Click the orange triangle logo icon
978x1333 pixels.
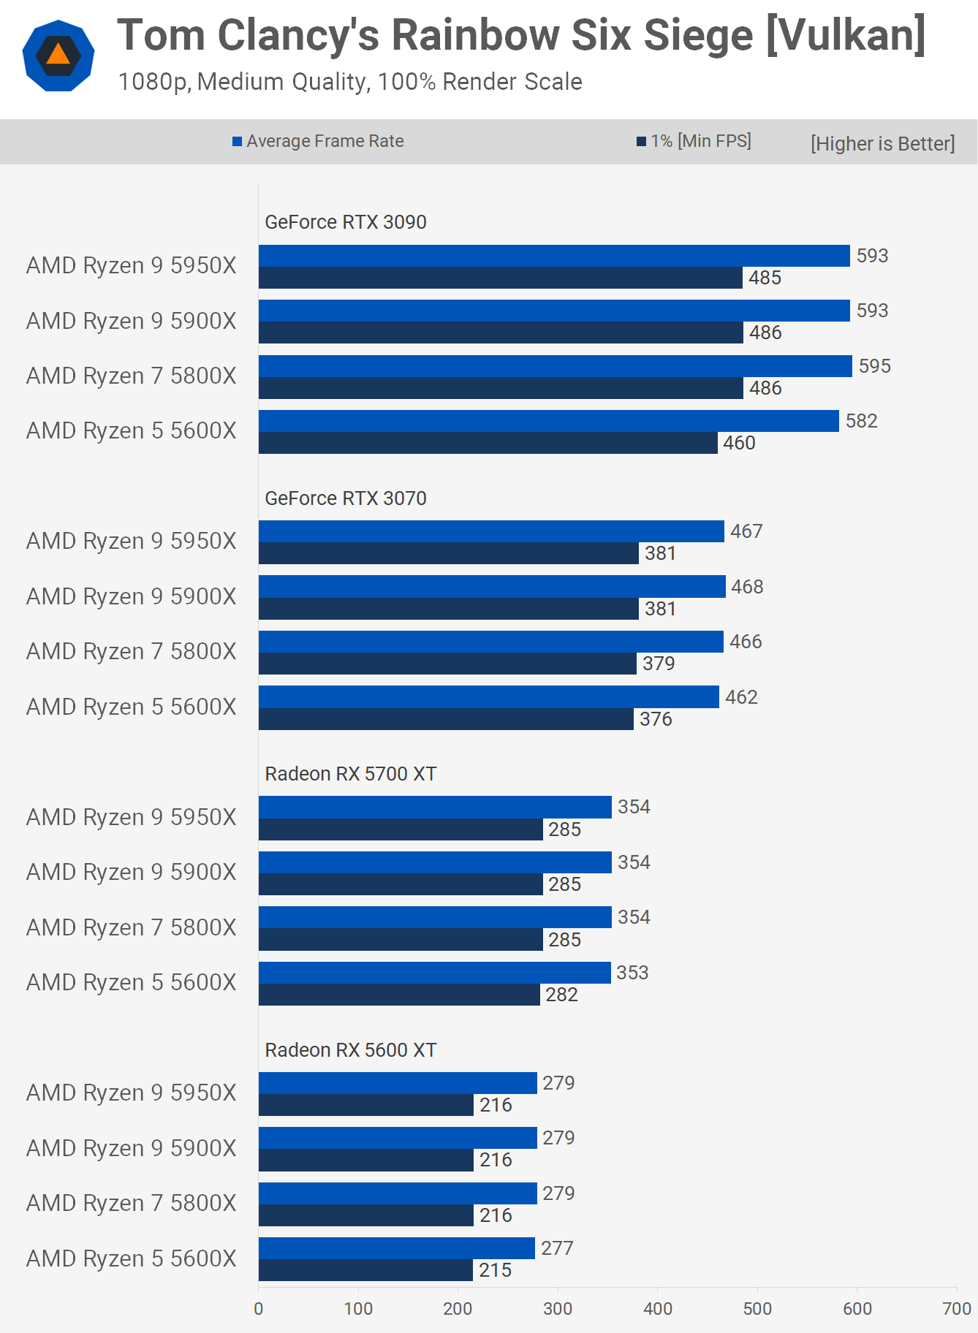tap(58, 56)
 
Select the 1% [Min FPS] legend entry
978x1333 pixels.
tap(694, 141)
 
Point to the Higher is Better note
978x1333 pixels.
tap(882, 143)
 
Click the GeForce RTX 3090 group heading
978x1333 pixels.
tap(345, 222)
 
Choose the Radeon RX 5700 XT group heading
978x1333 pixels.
tap(350, 774)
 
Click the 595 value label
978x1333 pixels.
tap(874, 366)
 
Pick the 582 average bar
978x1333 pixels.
tap(548, 421)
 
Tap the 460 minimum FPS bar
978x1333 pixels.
tap(488, 443)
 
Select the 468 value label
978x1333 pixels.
tap(747, 587)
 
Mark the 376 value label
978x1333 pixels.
tap(656, 719)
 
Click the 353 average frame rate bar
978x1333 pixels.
tap(434, 973)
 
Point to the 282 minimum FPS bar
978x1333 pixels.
tap(399, 995)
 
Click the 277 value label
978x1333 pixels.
tap(557, 1248)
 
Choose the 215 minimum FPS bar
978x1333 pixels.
tap(365, 1270)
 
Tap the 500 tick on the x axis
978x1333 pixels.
tap(757, 1309)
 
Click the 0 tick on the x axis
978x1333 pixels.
tap(259, 1309)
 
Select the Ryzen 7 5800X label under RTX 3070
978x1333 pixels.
tap(132, 651)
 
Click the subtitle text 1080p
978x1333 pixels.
tap(154, 82)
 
